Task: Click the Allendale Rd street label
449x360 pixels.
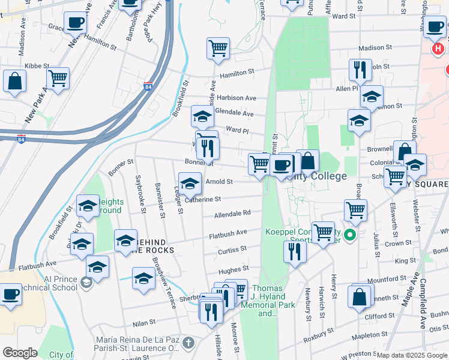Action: click(238, 213)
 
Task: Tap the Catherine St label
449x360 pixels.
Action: click(203, 199)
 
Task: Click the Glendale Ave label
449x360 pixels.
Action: click(235, 113)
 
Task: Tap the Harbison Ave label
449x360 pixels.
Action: click(237, 98)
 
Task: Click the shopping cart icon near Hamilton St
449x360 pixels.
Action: click(218, 48)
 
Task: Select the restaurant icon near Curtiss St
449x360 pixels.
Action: click(295, 251)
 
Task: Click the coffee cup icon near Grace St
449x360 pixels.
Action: click(76, 23)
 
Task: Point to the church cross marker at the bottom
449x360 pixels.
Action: click(188, 343)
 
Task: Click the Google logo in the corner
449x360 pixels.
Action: click(20, 353)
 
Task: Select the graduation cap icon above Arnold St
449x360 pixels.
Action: click(190, 184)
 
